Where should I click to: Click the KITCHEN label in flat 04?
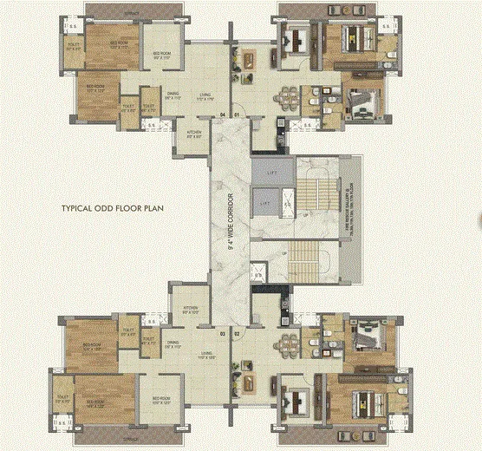pos(193,134)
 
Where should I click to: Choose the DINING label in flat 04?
pos(173,98)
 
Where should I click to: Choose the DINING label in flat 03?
pos(172,345)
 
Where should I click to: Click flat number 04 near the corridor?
pos(222,115)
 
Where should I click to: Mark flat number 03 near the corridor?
pos(222,333)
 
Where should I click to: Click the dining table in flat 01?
pos(285,95)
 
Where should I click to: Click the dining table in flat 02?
pos(285,350)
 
